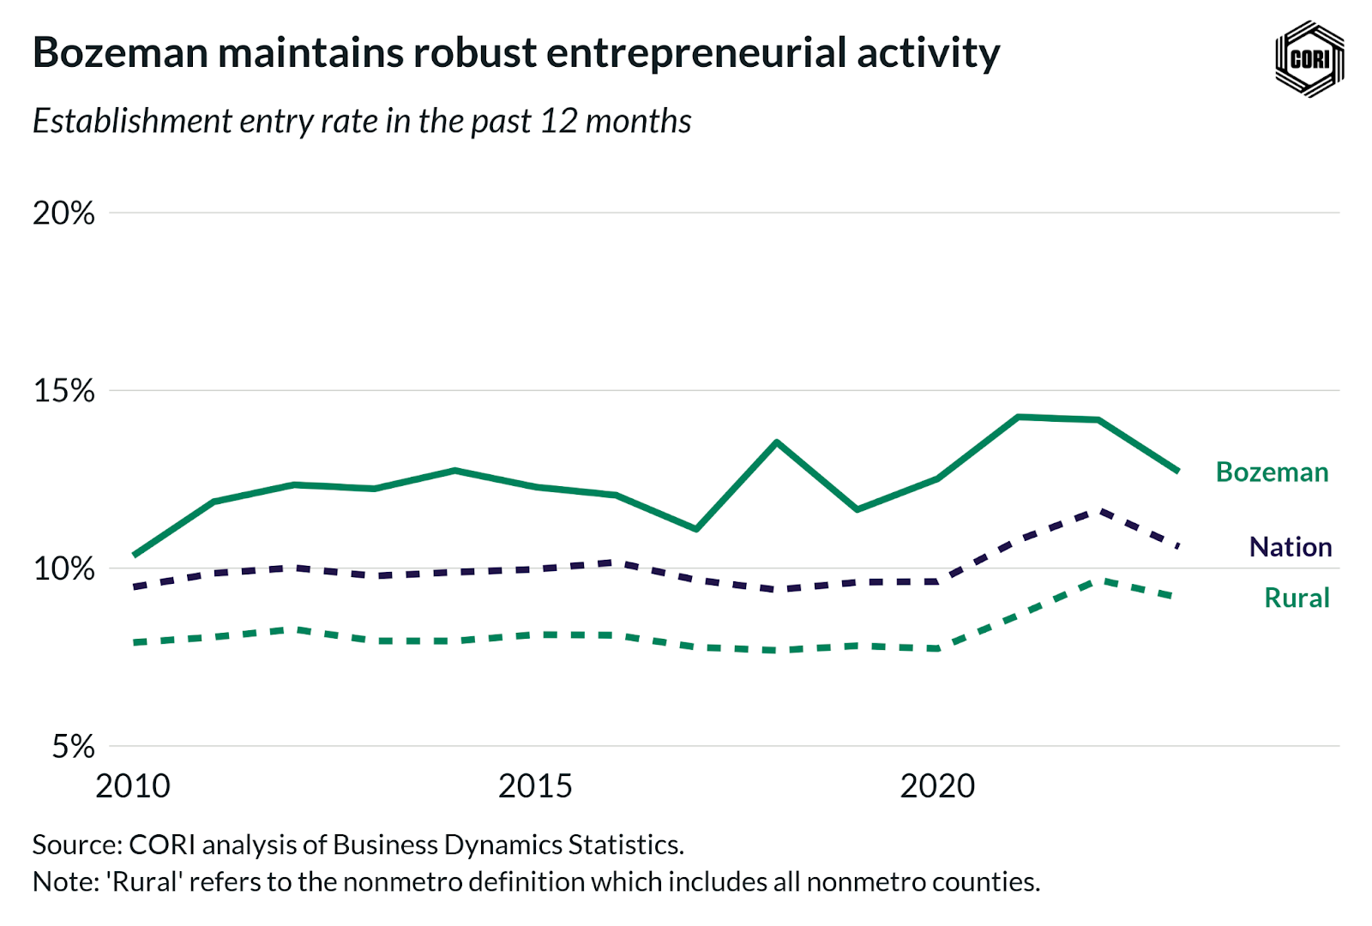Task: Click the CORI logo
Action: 1309,58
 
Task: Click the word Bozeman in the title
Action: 120,53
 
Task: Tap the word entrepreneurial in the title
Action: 696,53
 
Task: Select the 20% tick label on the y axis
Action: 63,213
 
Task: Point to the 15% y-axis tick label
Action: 63,391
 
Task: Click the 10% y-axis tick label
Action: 63,568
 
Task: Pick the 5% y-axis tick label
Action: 73,746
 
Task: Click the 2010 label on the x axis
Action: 133,786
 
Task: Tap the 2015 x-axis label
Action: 535,786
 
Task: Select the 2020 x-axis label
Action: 937,786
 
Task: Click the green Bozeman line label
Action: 1272,472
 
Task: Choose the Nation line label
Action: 1290,547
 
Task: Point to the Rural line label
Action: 1297,598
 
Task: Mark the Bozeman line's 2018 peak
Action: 776,442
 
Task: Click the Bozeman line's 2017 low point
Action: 696,529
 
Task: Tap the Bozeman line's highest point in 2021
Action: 1018,417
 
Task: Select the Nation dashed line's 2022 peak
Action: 1098,511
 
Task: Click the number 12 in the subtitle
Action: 558,122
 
